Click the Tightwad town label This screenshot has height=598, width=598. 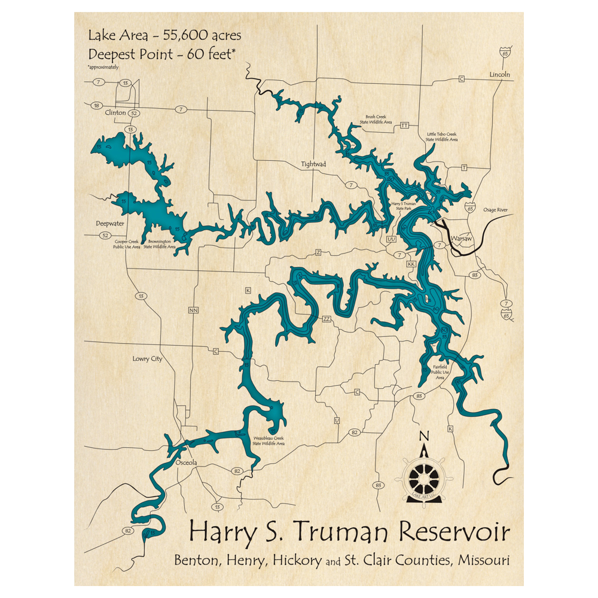(x=314, y=164)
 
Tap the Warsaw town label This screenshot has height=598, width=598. (x=461, y=238)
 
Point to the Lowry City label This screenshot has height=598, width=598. (x=147, y=359)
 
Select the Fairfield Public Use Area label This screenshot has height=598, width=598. (x=440, y=372)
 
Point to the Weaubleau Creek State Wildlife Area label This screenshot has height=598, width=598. (x=268, y=441)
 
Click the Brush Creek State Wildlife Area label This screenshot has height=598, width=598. (x=375, y=120)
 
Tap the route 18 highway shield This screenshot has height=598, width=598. (x=96, y=105)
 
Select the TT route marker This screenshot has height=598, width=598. (x=404, y=126)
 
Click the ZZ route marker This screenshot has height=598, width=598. (x=327, y=319)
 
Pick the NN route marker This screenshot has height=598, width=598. (x=193, y=310)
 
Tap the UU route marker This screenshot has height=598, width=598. (x=392, y=239)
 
